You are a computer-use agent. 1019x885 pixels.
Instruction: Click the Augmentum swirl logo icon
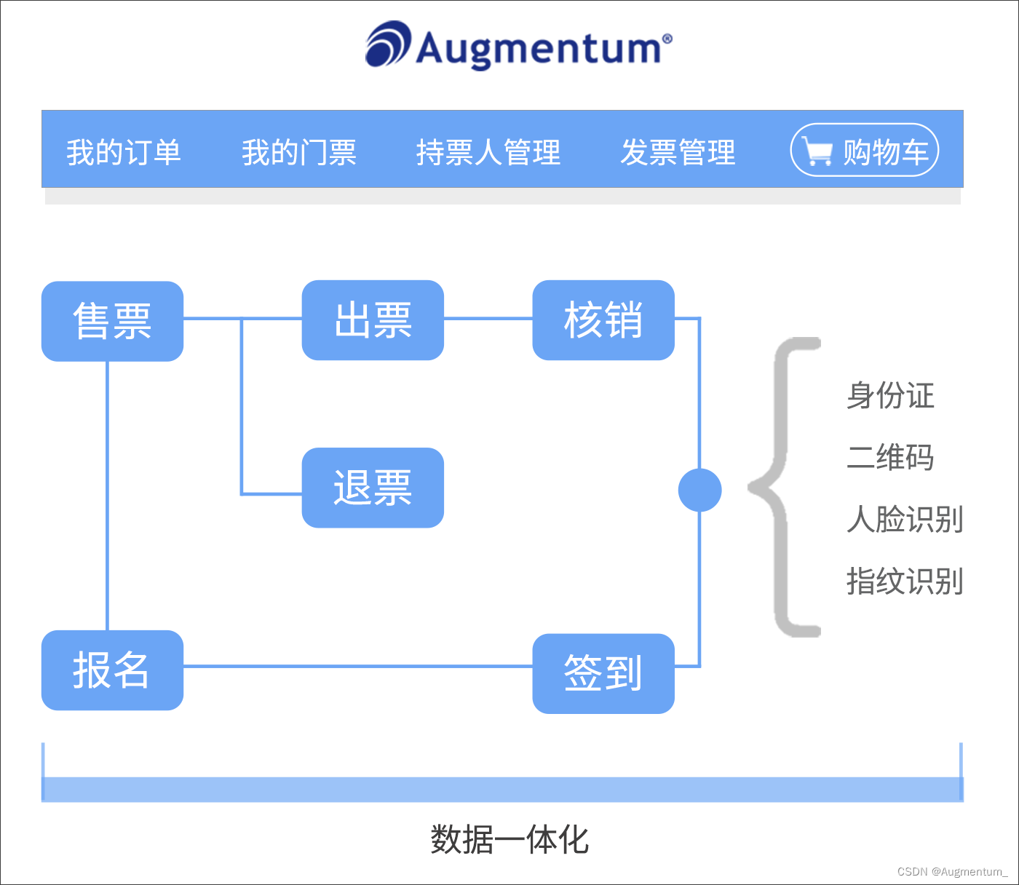pos(388,44)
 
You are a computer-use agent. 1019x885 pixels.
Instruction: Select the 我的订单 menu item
pos(124,152)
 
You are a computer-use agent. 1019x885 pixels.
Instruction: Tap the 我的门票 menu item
pos(299,152)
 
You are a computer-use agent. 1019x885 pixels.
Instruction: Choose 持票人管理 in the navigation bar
pos(488,152)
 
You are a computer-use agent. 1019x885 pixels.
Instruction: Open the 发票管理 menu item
pos(678,152)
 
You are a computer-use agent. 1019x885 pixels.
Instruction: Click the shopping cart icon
pos(818,151)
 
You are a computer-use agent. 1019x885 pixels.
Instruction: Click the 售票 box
pos(112,321)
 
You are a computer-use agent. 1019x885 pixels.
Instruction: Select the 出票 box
pos(373,320)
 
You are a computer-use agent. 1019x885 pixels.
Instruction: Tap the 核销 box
pos(603,320)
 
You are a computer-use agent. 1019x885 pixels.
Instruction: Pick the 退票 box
pos(373,488)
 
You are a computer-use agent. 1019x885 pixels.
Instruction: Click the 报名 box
pos(112,670)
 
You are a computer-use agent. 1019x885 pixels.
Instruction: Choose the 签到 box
pos(603,673)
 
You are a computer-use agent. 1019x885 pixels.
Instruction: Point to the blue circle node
pos(699,491)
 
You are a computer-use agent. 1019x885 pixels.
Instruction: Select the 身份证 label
pos(890,395)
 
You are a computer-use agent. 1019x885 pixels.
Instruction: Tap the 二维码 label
pos(890,457)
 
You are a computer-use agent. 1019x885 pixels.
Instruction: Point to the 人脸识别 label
pos(905,520)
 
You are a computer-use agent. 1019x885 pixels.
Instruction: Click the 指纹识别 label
pos(905,582)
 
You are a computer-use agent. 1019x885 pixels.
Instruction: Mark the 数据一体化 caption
pos(509,839)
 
